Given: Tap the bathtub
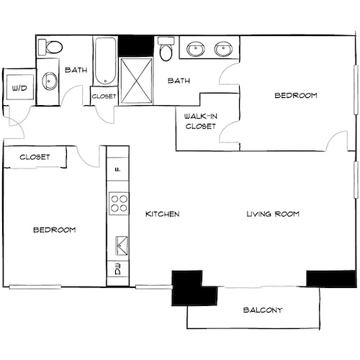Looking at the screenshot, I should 104,62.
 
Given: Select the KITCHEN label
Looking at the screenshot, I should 162,215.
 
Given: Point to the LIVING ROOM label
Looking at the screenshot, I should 272,215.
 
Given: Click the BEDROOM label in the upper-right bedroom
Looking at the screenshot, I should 296,95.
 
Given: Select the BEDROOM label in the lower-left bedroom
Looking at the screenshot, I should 55,230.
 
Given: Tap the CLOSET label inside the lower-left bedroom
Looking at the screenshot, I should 34,156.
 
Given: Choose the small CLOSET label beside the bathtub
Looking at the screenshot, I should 104,96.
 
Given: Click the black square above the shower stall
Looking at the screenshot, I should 135,45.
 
